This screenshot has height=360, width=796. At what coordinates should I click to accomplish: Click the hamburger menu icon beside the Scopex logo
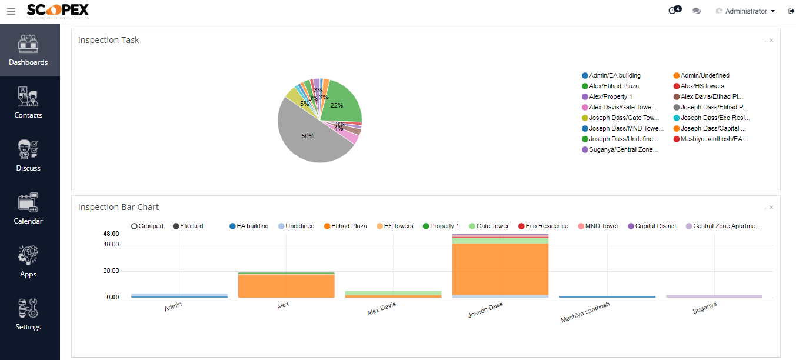[x=11, y=11]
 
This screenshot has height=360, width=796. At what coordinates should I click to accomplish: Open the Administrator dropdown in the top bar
[x=745, y=11]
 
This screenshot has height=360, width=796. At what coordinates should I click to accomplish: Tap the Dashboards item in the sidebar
[x=28, y=50]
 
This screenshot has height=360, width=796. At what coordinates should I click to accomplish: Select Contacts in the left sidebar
[x=28, y=103]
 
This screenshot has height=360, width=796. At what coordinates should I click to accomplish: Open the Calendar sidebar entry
[x=28, y=209]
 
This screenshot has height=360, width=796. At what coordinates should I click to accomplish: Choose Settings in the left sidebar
[x=28, y=315]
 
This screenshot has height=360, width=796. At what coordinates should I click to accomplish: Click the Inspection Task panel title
[x=109, y=40]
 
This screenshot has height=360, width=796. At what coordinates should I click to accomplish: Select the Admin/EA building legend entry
[x=614, y=75]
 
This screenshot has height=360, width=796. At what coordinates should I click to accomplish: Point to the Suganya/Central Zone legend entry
[x=622, y=150]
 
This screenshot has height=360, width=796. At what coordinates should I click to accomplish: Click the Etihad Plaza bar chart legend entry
[x=348, y=226]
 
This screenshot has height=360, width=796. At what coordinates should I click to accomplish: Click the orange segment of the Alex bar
[x=286, y=285]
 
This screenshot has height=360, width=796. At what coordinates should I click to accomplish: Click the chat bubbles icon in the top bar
[x=697, y=11]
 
